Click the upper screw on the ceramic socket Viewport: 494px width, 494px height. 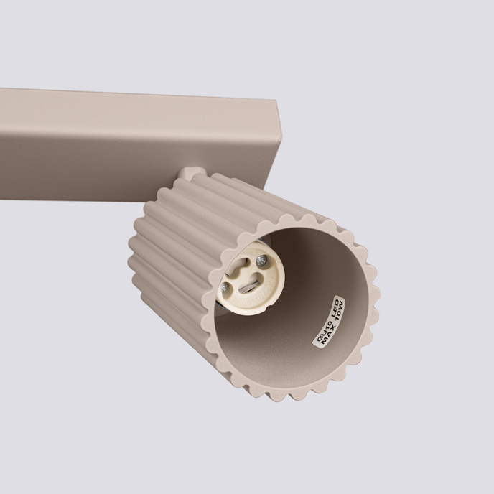[261, 260]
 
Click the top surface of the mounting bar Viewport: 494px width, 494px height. [144, 101]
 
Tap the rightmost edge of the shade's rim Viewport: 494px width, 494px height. [378, 302]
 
